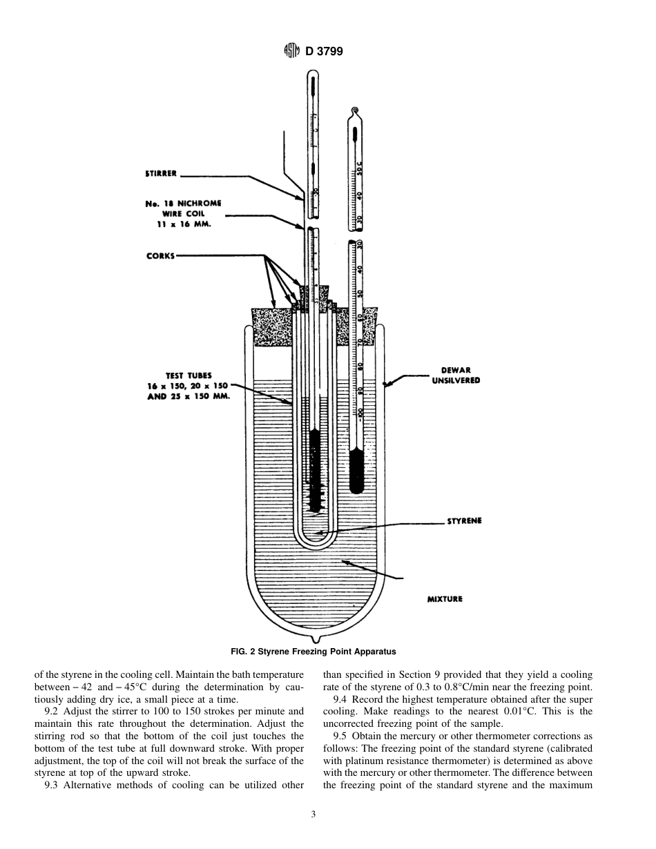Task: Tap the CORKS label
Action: [160, 255]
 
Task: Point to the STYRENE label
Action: [465, 521]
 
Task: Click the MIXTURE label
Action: [445, 599]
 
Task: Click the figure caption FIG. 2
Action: [313, 651]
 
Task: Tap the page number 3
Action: [313, 814]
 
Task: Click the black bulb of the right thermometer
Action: [356, 470]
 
